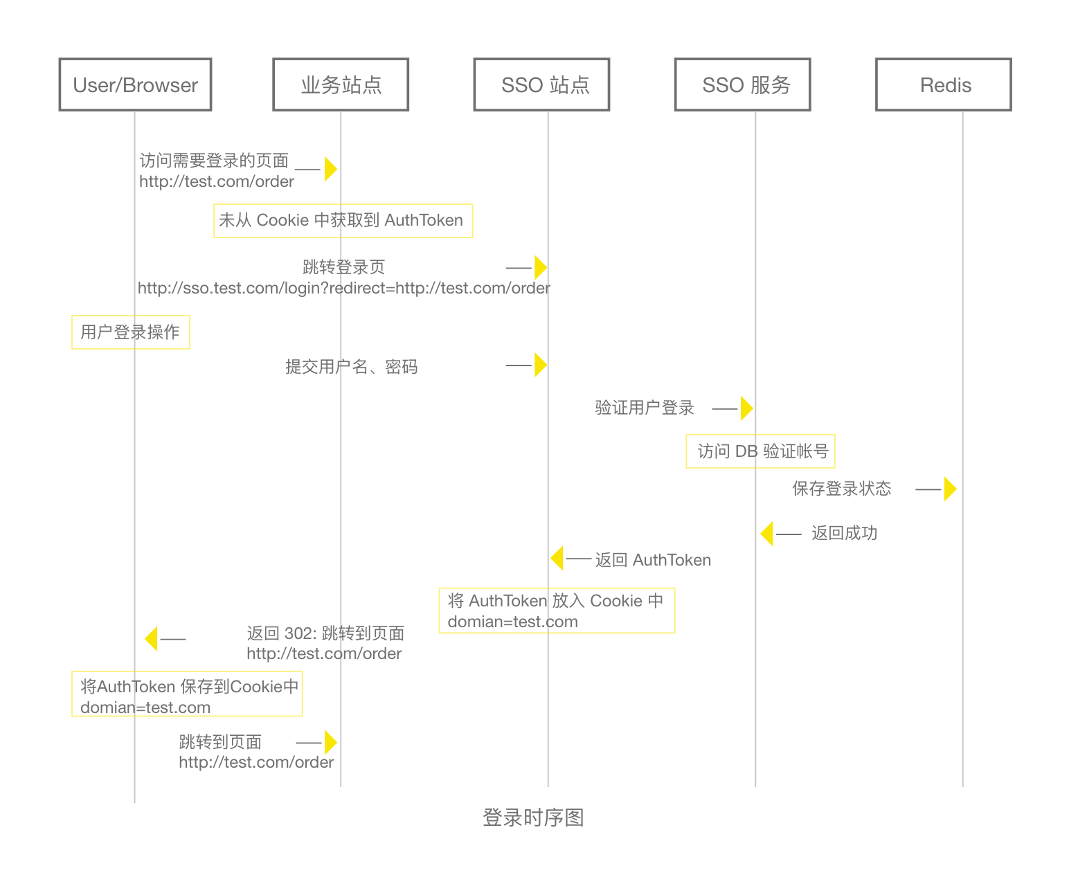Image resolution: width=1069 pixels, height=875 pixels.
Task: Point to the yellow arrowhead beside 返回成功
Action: (x=766, y=533)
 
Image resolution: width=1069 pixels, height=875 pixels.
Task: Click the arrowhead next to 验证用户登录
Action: (x=746, y=408)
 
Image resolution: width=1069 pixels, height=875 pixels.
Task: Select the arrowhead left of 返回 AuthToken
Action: (x=557, y=557)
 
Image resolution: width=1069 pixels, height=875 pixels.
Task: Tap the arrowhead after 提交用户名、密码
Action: (x=540, y=365)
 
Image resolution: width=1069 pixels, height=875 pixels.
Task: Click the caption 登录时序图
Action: (x=532, y=817)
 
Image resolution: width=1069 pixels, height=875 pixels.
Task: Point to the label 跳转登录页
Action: (x=343, y=267)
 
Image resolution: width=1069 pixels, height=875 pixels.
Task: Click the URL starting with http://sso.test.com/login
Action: (x=343, y=287)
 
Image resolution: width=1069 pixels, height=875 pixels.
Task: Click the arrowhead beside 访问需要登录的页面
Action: (x=330, y=168)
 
